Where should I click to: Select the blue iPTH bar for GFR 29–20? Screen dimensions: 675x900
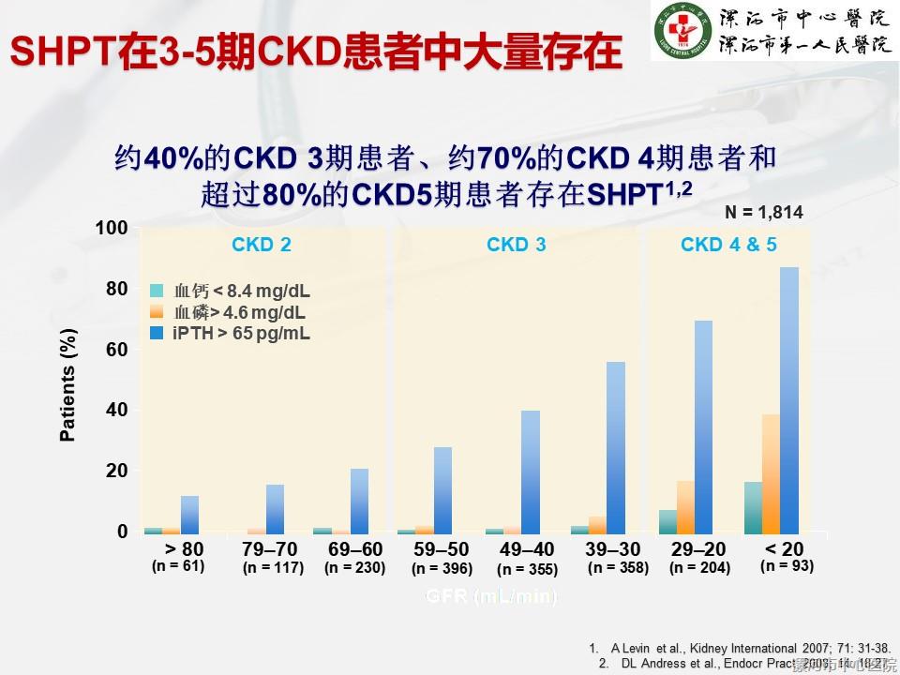click(x=703, y=427)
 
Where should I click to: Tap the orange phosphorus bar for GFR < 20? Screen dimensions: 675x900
click(x=771, y=473)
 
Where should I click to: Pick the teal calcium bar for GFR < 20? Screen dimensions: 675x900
click(x=753, y=507)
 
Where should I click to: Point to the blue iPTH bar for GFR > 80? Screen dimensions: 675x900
click(x=190, y=514)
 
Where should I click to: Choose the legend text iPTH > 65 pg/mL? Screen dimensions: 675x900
click(x=241, y=334)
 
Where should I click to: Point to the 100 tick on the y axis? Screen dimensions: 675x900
click(x=111, y=228)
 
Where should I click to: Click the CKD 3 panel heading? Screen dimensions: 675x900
click(x=516, y=246)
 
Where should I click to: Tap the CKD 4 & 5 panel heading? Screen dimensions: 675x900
click(x=728, y=246)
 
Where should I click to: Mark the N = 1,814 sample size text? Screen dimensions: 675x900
click(x=764, y=213)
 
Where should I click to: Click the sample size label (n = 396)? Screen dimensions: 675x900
click(x=442, y=568)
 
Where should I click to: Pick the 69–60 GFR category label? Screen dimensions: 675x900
click(x=354, y=548)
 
